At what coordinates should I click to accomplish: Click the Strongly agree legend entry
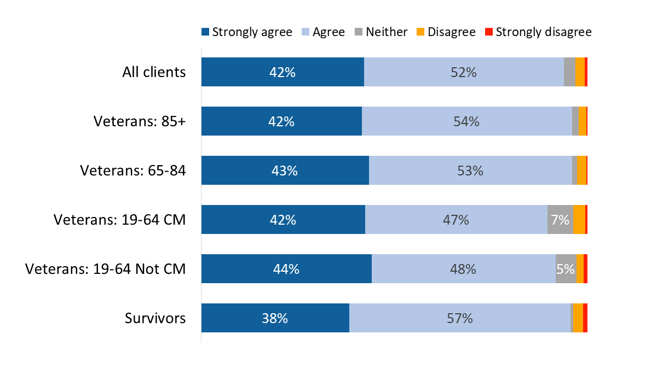click(246, 32)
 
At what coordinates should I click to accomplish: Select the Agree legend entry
click(323, 32)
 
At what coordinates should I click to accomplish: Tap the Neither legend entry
click(381, 32)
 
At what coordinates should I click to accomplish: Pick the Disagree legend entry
click(446, 32)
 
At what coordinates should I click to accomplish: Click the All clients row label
click(154, 72)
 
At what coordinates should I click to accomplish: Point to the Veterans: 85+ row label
click(140, 121)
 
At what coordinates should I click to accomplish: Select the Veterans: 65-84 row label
click(133, 171)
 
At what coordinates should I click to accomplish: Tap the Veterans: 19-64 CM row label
click(119, 220)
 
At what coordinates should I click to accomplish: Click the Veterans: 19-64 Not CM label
click(106, 269)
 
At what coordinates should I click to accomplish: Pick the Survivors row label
click(155, 318)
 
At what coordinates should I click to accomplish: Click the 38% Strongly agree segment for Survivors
click(275, 318)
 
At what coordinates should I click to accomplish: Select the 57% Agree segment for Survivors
click(459, 318)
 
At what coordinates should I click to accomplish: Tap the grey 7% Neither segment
click(560, 220)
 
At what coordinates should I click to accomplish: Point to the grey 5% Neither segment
click(566, 269)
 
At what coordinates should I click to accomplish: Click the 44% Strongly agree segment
click(286, 269)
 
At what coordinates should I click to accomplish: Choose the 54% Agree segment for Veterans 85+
click(466, 121)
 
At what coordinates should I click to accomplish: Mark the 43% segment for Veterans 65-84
click(285, 171)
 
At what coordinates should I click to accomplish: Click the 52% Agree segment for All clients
click(464, 72)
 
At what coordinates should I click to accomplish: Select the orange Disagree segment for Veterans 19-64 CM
click(579, 220)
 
